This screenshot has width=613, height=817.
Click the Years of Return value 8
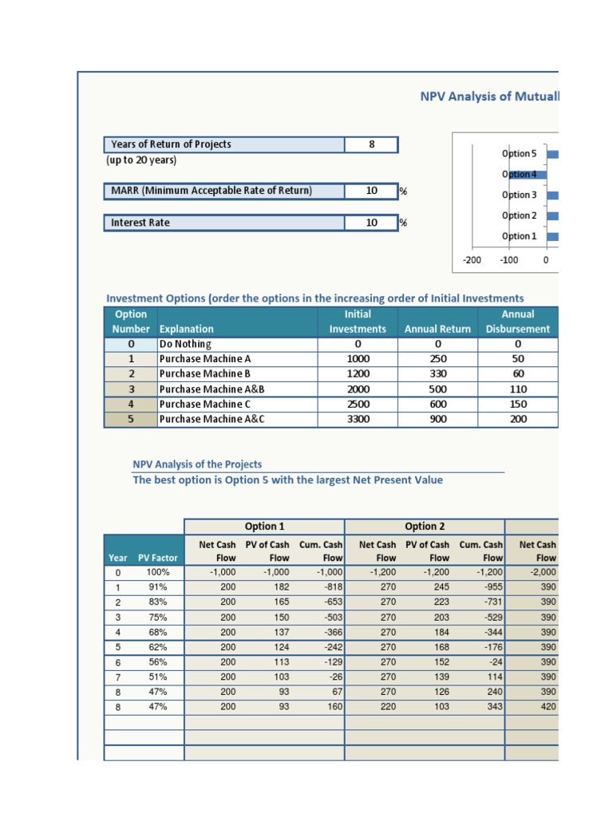[371, 144]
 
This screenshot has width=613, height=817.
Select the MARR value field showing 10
[371, 191]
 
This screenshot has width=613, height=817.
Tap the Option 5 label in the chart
[519, 153]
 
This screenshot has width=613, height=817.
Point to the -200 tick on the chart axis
[472, 260]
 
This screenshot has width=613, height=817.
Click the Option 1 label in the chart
[519, 236]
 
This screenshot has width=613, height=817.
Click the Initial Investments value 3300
[357, 419]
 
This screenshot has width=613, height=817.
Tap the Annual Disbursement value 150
[518, 404]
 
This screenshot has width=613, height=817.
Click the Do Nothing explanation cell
[185, 344]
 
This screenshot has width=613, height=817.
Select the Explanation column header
[187, 329]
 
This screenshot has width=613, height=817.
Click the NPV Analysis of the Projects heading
[196, 464]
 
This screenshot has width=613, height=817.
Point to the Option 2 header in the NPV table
[424, 527]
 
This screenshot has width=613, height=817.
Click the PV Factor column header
[158, 558]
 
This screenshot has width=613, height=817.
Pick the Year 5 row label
[117, 646]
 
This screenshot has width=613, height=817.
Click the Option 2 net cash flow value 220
[386, 706]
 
